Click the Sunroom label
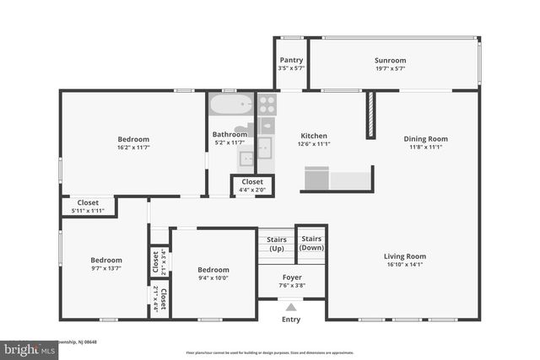click(390, 61)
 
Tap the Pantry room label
click(290, 61)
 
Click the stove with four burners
click(267, 104)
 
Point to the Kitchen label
click(314, 136)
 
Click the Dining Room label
click(425, 139)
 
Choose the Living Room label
click(405, 256)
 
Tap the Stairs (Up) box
click(276, 244)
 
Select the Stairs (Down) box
click(311, 243)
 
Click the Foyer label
click(292, 277)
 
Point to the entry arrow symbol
click(291, 308)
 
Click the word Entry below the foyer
click(291, 320)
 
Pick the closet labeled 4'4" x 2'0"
click(252, 185)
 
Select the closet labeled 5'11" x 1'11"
click(89, 206)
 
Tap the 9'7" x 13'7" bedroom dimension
click(106, 269)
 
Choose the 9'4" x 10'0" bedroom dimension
click(213, 278)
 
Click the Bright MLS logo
click(25, 347)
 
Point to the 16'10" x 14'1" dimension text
click(405, 265)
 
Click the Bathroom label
click(229, 135)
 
